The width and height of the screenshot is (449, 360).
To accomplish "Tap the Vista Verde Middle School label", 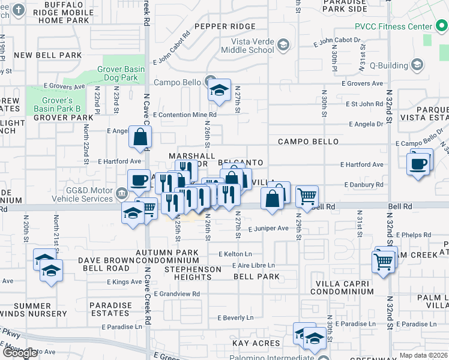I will click(x=255, y=46).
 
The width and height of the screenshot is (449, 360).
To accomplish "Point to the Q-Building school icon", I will click(x=417, y=65).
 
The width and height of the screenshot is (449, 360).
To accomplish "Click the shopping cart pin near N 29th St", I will click(x=307, y=196).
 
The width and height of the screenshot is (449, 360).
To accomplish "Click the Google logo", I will click(x=20, y=353).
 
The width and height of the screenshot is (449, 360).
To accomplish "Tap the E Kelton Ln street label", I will click(x=235, y=254).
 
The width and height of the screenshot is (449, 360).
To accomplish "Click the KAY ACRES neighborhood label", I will click(x=256, y=343).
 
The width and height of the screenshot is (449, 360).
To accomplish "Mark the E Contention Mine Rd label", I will click(x=184, y=115).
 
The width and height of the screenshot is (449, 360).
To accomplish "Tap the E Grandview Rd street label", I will click(x=176, y=294).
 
